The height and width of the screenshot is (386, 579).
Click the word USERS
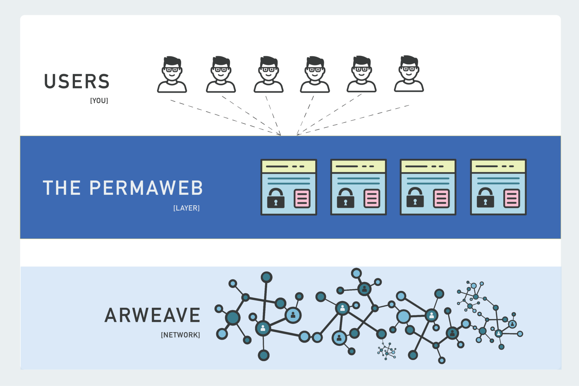[x=77, y=82]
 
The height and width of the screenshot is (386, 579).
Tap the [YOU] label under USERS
[x=99, y=101]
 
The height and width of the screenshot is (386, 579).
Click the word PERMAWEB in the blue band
[x=146, y=188]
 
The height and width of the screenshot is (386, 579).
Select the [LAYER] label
[x=186, y=208]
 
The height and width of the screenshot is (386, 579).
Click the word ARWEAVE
[x=152, y=315]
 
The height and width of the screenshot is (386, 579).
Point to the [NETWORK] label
[x=180, y=335]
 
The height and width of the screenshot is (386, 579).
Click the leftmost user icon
[x=172, y=75]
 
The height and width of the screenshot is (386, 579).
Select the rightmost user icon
[x=409, y=74]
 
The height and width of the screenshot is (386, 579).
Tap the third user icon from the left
[x=268, y=75]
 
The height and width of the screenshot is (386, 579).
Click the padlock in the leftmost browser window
[x=276, y=198]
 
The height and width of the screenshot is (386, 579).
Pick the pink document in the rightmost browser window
[x=512, y=199]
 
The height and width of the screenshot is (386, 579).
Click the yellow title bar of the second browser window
[x=358, y=166]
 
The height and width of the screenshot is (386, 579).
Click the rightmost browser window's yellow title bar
[x=498, y=166]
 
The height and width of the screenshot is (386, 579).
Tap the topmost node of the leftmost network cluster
[x=266, y=277]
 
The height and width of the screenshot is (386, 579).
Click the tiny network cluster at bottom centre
[x=387, y=351]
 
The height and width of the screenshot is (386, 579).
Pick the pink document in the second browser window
[x=372, y=199]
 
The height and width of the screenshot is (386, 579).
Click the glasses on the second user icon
[x=221, y=70]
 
